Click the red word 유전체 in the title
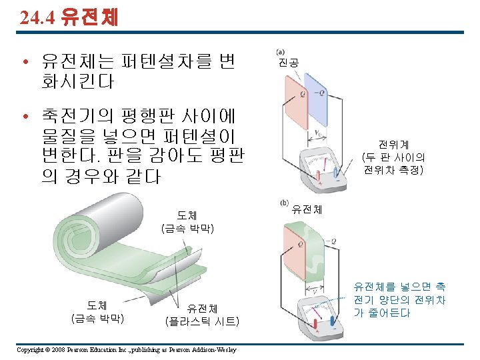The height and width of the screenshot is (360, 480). tap(89, 17)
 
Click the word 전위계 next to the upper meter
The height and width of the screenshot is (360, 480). tap(393, 145)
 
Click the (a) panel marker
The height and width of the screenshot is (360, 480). tap(280, 52)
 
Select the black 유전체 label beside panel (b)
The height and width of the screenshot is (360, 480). tap(307, 209)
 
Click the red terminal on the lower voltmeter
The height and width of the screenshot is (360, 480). tap(316, 325)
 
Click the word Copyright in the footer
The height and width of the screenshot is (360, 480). tap(29, 350)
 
